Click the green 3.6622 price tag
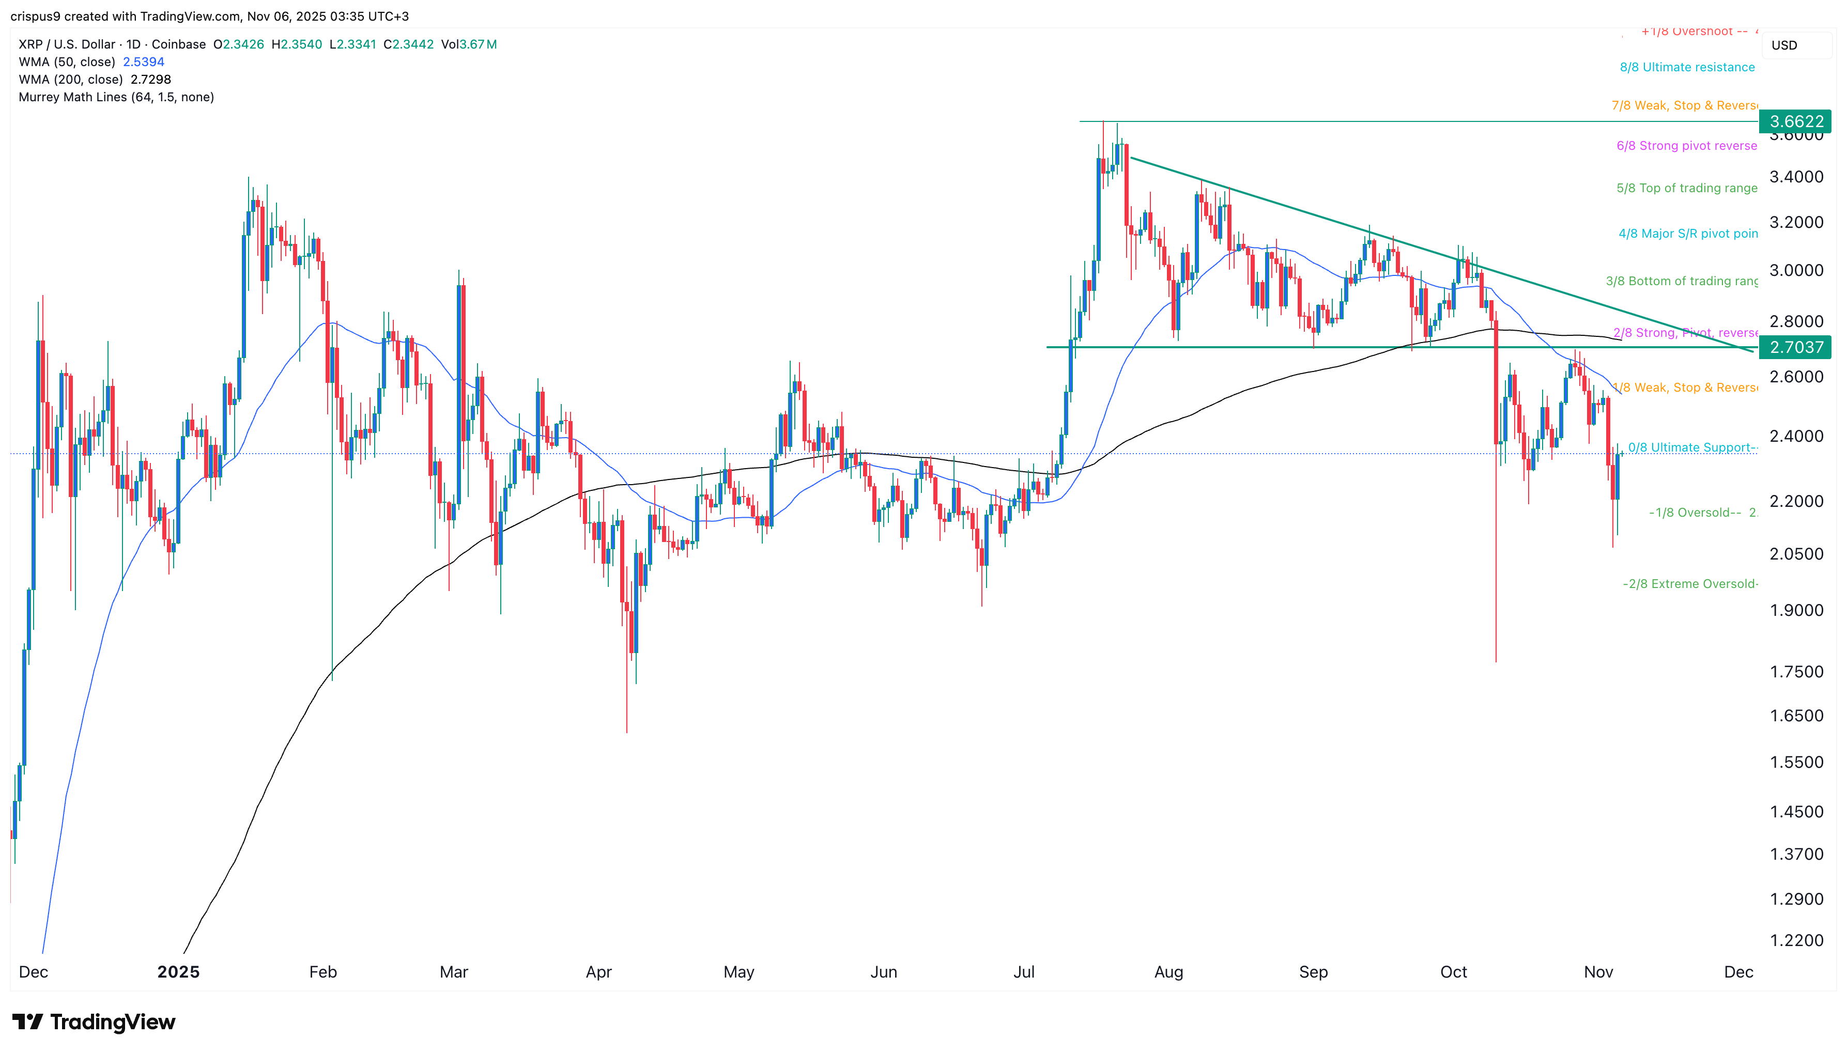(1796, 121)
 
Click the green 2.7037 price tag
(1796, 347)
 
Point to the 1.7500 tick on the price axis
(1796, 672)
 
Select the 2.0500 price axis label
(1796, 554)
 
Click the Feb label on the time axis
(322, 972)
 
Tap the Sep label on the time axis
(1313, 972)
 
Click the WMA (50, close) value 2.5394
(143, 62)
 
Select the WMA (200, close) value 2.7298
(150, 80)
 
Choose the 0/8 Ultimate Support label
(1691, 447)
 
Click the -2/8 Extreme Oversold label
(1689, 584)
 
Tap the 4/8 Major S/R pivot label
(1687, 234)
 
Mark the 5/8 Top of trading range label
(1686, 188)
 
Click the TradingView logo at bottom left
(94, 1022)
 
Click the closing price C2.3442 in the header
(409, 44)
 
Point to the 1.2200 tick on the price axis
(1796, 940)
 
